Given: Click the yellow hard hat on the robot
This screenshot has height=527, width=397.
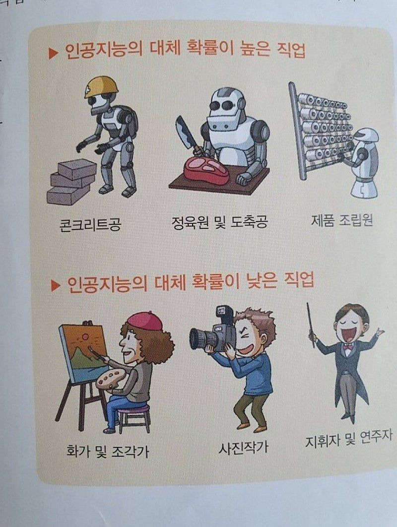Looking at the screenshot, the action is pyautogui.click(x=101, y=87).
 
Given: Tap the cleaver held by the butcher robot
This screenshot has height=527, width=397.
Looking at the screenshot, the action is pyautogui.click(x=186, y=133).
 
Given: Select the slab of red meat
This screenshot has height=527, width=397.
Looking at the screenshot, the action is pyautogui.click(x=206, y=171).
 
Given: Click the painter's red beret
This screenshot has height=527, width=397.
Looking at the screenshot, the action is pyautogui.click(x=145, y=321).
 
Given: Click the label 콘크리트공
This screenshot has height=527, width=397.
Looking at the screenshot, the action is pyautogui.click(x=90, y=223).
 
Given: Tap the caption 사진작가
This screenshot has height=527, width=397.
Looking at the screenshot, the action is pyautogui.click(x=244, y=447).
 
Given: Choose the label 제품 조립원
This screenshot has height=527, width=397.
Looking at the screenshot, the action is pyautogui.click(x=342, y=220).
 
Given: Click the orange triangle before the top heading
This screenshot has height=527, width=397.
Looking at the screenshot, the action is pyautogui.click(x=53, y=53).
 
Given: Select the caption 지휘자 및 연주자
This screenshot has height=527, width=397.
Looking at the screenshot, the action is pyautogui.click(x=348, y=439).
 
